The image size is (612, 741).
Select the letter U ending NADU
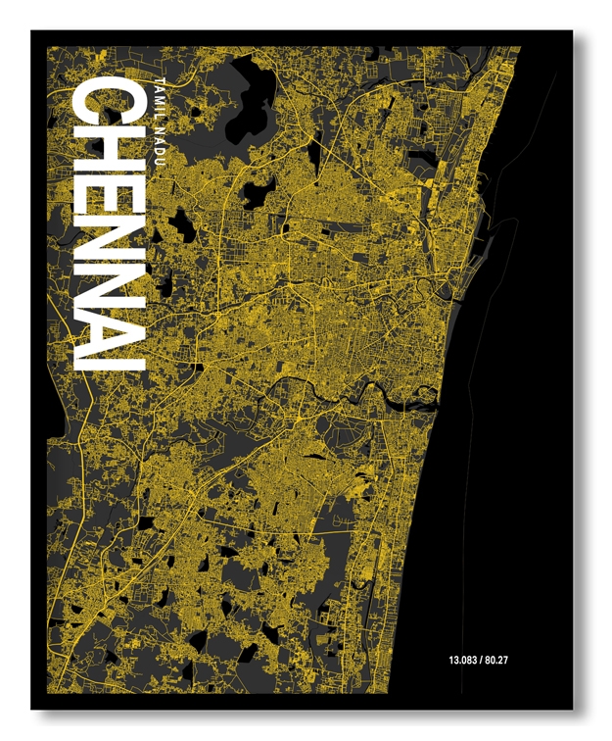(x=162, y=152)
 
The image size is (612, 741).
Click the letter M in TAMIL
(x=162, y=93)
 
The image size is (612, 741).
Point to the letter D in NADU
(x=162, y=142)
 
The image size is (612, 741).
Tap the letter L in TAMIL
(x=162, y=108)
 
